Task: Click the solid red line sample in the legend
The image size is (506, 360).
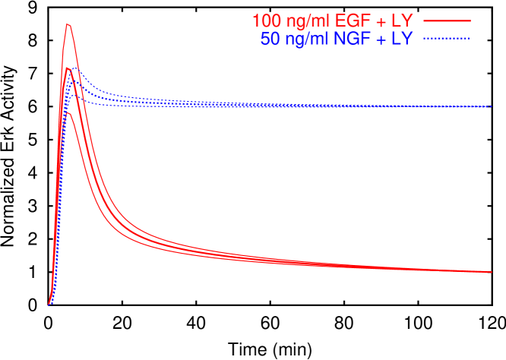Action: click(x=447, y=21)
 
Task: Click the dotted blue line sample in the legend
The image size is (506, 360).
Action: click(x=447, y=38)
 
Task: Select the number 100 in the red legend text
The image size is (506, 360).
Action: click(x=267, y=21)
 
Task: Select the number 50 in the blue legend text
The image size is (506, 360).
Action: click(x=270, y=39)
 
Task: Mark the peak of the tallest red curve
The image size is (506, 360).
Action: click(x=68, y=24)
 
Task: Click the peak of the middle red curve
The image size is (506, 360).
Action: click(x=68, y=68)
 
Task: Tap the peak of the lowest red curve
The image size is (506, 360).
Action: click(x=68, y=112)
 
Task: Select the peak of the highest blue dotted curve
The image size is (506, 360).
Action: click(x=75, y=69)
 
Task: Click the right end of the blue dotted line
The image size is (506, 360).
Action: click(x=491, y=107)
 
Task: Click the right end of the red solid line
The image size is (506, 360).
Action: click(x=491, y=271)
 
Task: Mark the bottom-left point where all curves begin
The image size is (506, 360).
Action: click(x=49, y=305)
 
